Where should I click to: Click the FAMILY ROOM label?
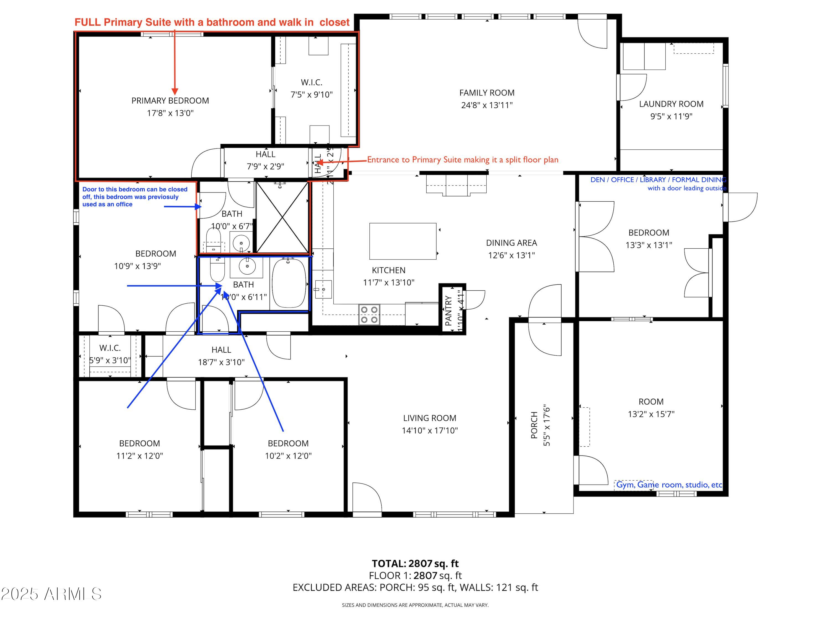(487, 93)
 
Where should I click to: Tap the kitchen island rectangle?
(403, 241)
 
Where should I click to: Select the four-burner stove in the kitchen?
(369, 314)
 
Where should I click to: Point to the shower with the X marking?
(282, 217)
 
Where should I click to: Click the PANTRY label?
(448, 310)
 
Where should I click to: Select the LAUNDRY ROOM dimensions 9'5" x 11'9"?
(671, 116)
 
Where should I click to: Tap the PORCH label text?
(534, 425)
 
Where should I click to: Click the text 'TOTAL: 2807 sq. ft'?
(415, 563)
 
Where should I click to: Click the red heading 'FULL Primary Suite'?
(212, 22)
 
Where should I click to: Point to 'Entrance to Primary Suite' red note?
(462, 160)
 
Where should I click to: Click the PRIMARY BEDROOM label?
(170, 101)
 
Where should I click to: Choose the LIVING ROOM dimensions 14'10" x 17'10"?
(430, 430)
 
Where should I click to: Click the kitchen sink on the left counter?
(323, 289)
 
